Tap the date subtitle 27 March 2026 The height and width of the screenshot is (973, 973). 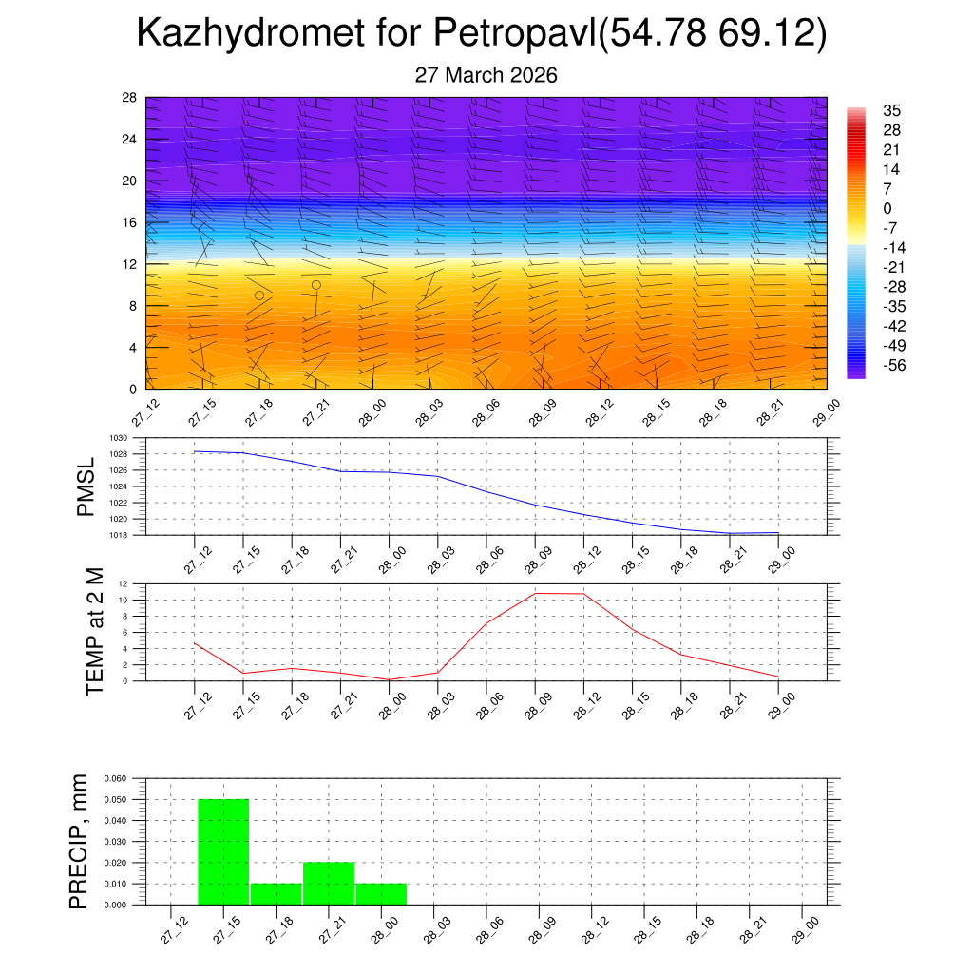tap(486, 75)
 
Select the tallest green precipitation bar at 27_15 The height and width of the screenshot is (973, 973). tap(223, 851)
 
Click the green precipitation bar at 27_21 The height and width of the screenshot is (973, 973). tap(329, 883)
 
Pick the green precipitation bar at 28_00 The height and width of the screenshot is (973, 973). tap(381, 893)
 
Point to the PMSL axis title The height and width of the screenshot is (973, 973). tap(86, 487)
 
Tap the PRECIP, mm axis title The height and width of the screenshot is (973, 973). tap(78, 842)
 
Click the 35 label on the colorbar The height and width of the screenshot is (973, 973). tap(892, 110)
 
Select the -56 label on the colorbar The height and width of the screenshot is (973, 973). tap(895, 366)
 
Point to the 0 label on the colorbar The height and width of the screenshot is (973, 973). tap(887, 209)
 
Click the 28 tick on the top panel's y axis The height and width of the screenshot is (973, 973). tap(130, 98)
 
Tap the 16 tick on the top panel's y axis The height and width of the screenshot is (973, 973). tap(130, 222)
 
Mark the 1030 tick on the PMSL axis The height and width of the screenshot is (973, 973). tap(117, 438)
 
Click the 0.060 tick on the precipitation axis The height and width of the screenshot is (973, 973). tap(114, 778)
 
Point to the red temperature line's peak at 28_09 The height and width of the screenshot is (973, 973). tap(535, 593)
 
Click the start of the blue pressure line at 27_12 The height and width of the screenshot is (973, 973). tap(194, 451)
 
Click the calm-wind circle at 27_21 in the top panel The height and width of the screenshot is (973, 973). tap(316, 284)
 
